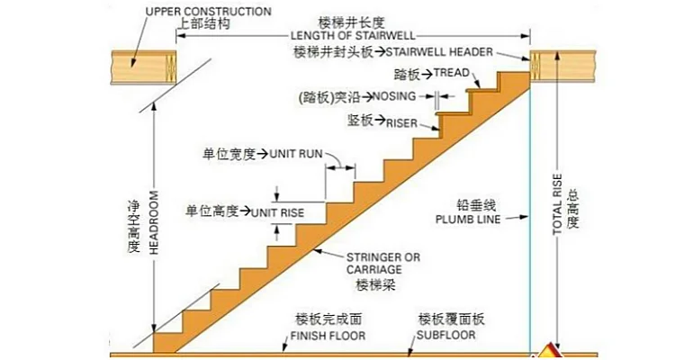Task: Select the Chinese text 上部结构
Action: [x=199, y=25]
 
